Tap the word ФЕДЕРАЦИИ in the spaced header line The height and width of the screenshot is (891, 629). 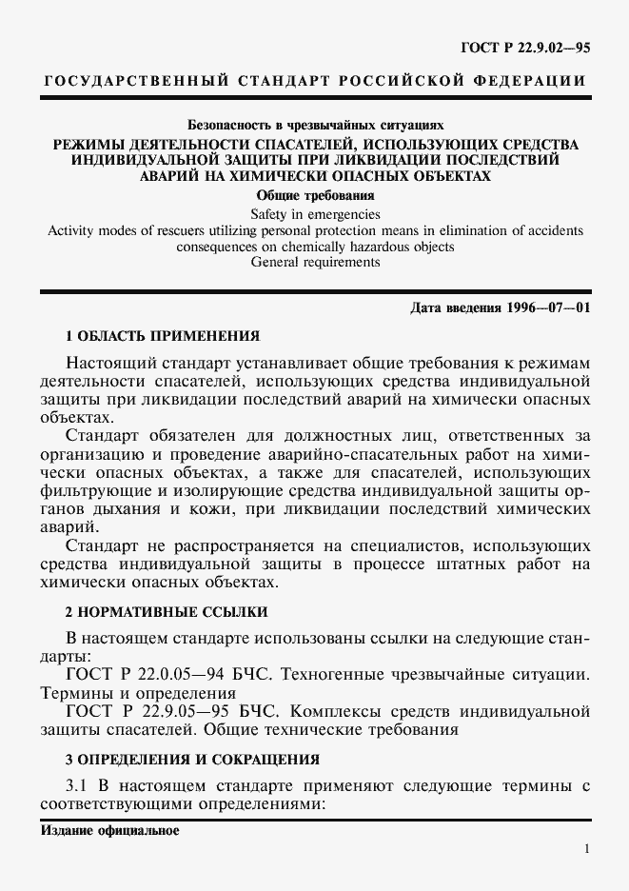tap(528, 80)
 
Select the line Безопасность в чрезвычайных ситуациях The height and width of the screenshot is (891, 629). tap(314, 125)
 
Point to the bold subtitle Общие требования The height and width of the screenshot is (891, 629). tap(314, 196)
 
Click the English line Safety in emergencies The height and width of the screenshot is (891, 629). tap(314, 214)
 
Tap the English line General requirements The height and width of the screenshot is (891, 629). tap(314, 263)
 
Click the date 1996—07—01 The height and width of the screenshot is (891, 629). tap(538, 309)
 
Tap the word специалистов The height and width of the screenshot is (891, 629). tap(383, 545)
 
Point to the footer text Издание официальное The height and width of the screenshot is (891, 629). tap(109, 829)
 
